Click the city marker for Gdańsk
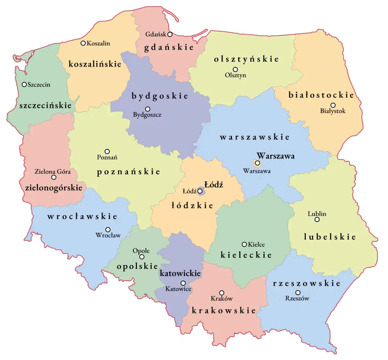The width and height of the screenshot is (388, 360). (170, 35)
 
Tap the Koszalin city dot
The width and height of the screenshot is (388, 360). (83, 43)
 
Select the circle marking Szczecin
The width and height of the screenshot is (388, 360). (24, 84)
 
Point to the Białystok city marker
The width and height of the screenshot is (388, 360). (333, 105)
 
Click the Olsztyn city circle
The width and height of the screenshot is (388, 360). (235, 70)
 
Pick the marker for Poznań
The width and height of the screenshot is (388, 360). (107, 151)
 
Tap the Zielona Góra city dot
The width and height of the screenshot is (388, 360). (54, 177)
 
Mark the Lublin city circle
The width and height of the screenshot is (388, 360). (317, 220)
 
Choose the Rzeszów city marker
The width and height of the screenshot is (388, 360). (298, 293)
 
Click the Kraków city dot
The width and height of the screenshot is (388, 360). (222, 293)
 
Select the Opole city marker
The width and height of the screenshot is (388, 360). (142, 257)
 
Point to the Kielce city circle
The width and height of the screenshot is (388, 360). (244, 244)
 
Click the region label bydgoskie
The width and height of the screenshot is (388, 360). (160, 96)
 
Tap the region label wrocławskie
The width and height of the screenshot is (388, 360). (82, 216)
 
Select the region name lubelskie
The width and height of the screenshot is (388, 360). (330, 237)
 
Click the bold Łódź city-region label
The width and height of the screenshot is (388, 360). (214, 184)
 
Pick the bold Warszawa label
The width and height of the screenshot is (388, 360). (276, 156)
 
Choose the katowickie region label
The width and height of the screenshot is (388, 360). (180, 273)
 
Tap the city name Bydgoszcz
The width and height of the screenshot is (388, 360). (147, 115)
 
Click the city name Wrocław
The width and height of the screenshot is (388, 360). (108, 235)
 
